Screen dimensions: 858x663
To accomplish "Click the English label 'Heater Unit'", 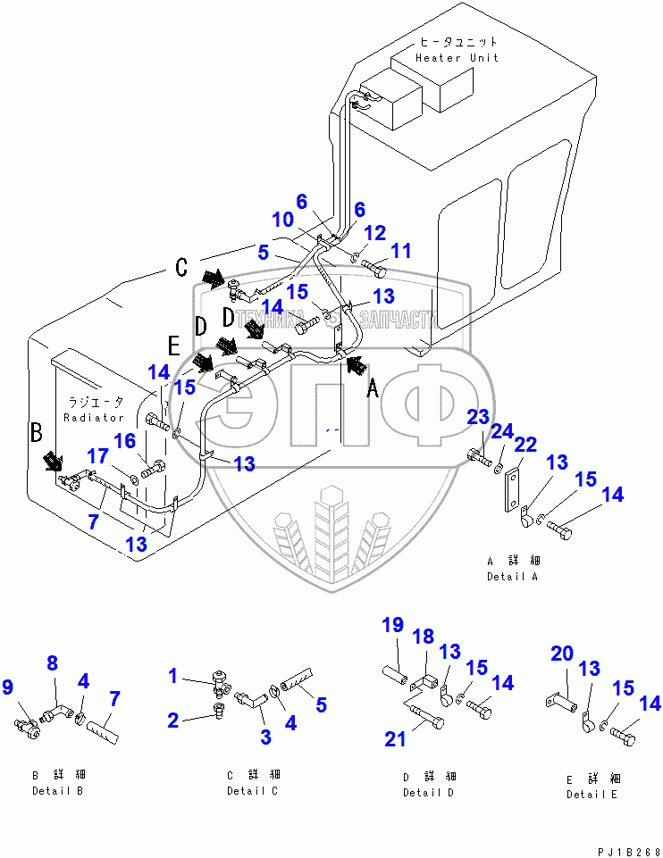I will (x=457, y=58).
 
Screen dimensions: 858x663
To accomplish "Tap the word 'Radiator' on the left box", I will (x=94, y=417).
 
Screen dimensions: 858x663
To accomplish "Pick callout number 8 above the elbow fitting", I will (x=52, y=662).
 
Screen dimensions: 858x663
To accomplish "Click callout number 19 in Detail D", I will (x=393, y=625).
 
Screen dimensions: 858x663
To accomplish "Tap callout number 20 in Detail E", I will (x=561, y=654).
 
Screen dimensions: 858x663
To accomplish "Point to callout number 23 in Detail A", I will (x=479, y=417).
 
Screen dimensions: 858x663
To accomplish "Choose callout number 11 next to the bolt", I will (x=402, y=251).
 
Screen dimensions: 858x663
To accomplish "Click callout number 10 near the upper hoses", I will (x=281, y=219).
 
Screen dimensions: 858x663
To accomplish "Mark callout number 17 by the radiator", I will (x=96, y=456).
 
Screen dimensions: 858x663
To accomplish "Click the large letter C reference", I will (x=180, y=267).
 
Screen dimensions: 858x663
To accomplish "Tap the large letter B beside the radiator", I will (x=37, y=434).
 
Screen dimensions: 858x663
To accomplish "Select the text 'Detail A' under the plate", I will (x=512, y=577).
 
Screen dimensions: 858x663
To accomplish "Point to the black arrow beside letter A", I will (x=356, y=363).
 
